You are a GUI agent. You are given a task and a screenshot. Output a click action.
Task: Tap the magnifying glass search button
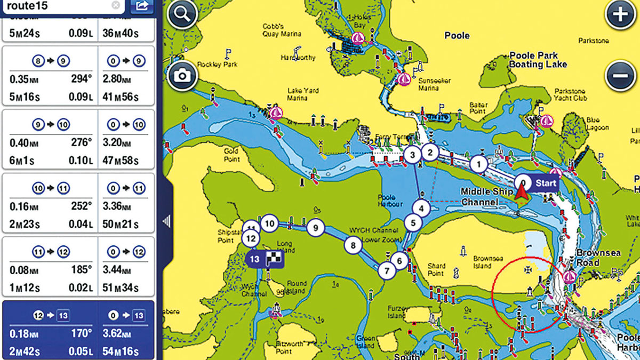[x=182, y=15]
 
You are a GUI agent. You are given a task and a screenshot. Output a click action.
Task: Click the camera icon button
[x=182, y=76]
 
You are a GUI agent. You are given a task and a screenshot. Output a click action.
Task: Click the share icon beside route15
[x=141, y=6]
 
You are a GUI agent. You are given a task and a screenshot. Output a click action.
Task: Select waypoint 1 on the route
[x=479, y=164]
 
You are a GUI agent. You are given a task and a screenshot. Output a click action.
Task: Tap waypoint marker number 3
[x=412, y=155]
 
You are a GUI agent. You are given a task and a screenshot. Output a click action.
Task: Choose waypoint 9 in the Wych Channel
[x=316, y=228]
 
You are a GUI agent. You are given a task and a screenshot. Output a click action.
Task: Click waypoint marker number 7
[x=387, y=270]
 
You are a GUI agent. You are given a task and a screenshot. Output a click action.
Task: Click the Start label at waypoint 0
[x=546, y=183]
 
